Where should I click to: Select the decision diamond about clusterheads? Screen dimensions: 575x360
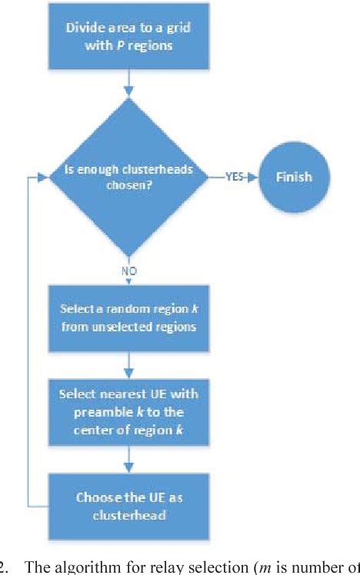(128, 177)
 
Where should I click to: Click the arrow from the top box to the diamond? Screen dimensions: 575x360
(129, 85)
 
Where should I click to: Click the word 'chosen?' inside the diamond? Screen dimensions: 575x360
(128, 185)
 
